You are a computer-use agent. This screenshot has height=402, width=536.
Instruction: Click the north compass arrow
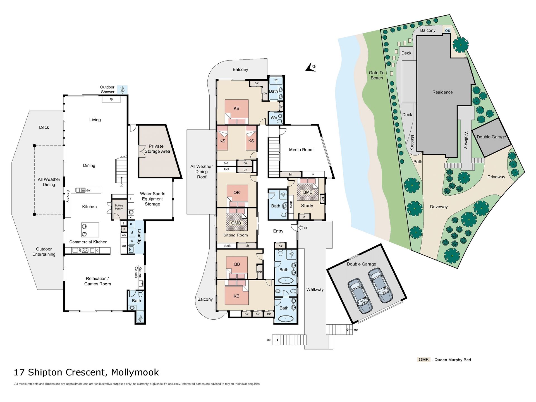click(310, 68)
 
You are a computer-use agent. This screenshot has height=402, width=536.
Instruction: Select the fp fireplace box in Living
click(111, 99)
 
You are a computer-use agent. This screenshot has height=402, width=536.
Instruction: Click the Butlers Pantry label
click(119, 207)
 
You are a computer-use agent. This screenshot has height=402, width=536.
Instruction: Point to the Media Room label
click(301, 150)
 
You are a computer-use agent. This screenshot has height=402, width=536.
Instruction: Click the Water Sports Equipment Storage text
click(152, 199)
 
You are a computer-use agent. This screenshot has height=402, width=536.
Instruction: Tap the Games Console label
click(138, 272)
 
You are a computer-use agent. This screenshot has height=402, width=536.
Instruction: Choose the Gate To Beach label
click(377, 75)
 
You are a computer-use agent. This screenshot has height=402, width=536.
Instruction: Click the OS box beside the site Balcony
click(448, 30)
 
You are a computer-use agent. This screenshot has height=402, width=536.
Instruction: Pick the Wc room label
click(274, 118)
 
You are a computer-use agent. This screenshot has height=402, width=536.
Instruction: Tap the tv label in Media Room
click(313, 174)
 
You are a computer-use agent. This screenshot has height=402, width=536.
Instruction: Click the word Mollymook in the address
click(135, 372)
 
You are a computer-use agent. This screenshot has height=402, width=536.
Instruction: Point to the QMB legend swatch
click(423, 360)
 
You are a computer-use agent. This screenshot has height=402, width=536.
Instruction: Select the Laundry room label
click(139, 237)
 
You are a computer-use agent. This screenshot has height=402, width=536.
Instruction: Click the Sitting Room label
click(235, 235)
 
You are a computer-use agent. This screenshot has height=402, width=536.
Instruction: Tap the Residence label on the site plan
click(442, 92)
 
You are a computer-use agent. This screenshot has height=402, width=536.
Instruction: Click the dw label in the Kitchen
click(88, 190)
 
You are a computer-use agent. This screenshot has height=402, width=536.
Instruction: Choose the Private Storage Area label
click(157, 149)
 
